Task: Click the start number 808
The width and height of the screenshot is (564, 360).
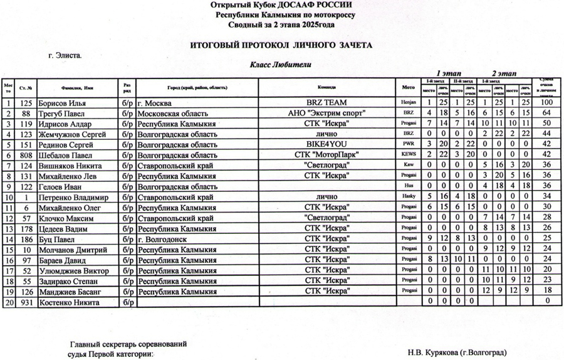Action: (x=26, y=154)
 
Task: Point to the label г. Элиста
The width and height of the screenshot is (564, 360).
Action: (x=65, y=55)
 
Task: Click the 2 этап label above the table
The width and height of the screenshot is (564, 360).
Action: (x=503, y=73)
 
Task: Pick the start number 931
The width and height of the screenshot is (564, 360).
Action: (x=26, y=302)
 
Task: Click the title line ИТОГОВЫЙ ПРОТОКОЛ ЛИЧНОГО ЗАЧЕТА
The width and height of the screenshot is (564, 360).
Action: (x=281, y=45)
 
